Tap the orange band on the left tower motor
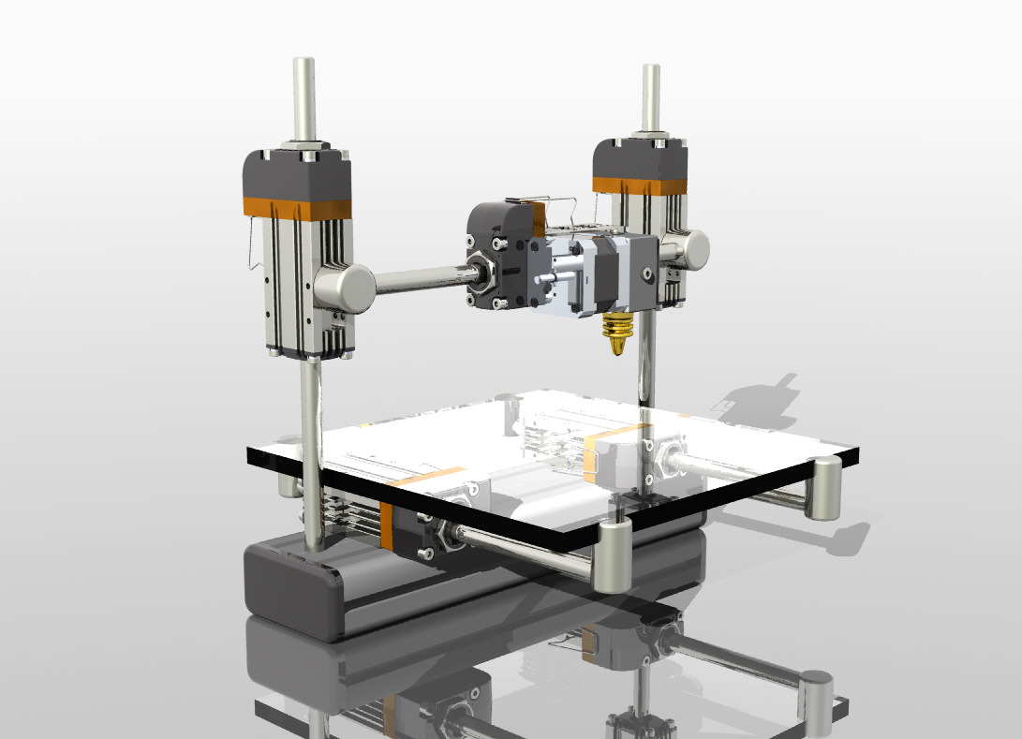(x=297, y=206)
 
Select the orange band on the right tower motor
(x=640, y=185)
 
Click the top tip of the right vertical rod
(x=649, y=70)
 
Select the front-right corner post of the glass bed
(x=825, y=487)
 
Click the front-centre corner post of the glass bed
(x=614, y=556)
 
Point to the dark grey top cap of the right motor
(x=640, y=156)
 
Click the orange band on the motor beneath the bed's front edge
(x=387, y=525)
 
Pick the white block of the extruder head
(x=562, y=276)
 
